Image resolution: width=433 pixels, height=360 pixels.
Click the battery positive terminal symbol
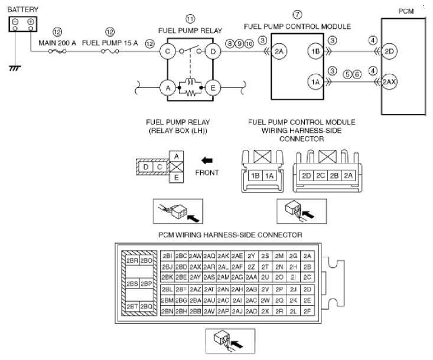(31, 21)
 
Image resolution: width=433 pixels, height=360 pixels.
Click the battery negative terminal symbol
(15, 21)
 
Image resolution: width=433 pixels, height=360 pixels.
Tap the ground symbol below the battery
(15, 68)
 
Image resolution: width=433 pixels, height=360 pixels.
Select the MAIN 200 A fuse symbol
(57, 51)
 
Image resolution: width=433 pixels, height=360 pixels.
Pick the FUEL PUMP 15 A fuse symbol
(110, 51)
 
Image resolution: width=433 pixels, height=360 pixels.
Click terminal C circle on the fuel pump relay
(168, 51)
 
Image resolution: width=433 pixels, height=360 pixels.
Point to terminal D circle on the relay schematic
(213, 51)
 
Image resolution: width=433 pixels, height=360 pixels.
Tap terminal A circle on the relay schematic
(168, 88)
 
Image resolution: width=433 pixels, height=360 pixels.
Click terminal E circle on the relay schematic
(213, 88)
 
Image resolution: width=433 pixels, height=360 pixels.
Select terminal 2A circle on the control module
(279, 51)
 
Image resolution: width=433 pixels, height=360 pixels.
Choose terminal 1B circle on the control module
(315, 51)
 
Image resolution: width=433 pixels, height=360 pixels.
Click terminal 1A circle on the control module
(315, 82)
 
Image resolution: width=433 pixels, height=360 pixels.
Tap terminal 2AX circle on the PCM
(389, 82)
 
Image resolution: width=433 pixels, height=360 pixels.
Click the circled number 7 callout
(297, 14)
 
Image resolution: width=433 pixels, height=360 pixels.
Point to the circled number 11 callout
(190, 19)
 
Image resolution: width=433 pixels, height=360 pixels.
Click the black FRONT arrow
(207, 161)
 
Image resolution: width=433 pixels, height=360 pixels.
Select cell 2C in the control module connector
(320, 175)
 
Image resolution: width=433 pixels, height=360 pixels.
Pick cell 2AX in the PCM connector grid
(196, 267)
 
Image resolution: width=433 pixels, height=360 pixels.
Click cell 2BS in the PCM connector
(132, 283)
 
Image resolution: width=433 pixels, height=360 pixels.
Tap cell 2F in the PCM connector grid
(307, 311)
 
